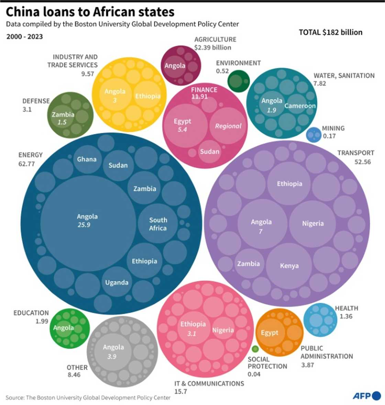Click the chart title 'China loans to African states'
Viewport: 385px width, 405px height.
pyautogui.click(x=90, y=12)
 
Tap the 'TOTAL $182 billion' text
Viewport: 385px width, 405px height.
pyautogui.click(x=330, y=32)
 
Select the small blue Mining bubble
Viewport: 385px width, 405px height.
pyautogui.click(x=313, y=135)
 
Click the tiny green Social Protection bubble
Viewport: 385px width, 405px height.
pyautogui.click(x=255, y=349)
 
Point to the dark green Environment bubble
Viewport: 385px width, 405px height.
pyautogui.click(x=238, y=81)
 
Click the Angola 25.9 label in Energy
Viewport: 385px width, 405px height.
pyautogui.click(x=87, y=221)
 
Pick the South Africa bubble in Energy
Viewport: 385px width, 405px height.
pyautogui.click(x=158, y=224)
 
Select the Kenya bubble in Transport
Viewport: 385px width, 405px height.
pyautogui.click(x=289, y=266)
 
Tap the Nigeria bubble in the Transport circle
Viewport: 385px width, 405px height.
pyautogui.click(x=312, y=223)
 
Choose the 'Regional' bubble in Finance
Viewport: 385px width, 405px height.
pyautogui.click(x=228, y=126)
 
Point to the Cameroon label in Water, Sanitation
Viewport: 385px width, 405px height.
pyautogui.click(x=300, y=106)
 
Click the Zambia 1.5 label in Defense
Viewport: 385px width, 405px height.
pyautogui.click(x=63, y=118)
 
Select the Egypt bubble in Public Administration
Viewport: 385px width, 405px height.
pyautogui.click(x=269, y=332)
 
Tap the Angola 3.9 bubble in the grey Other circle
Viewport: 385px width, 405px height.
pyautogui.click(x=113, y=351)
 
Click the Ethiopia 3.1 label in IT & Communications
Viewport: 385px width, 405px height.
pyautogui.click(x=193, y=328)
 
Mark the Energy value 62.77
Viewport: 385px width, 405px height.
pyautogui.click(x=26, y=164)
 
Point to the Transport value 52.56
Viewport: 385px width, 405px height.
pyautogui.click(x=363, y=162)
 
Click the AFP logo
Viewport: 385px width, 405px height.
pyautogui.click(x=366, y=396)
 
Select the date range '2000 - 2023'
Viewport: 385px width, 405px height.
pyautogui.click(x=24, y=36)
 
